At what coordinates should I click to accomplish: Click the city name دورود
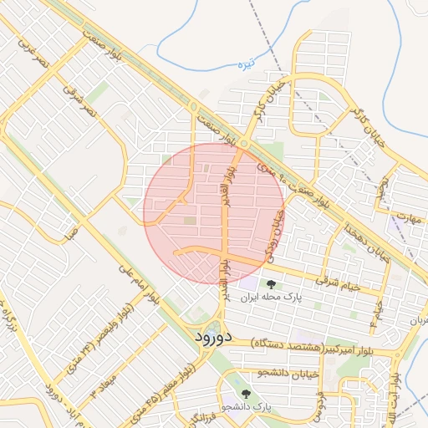click(x=205, y=337)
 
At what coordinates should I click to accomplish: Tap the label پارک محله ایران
click(x=270, y=297)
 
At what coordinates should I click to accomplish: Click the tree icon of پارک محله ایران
click(x=270, y=284)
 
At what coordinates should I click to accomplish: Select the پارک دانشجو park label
click(x=247, y=406)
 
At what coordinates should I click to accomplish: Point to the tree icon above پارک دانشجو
click(x=245, y=393)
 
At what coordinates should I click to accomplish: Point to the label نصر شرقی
click(x=80, y=99)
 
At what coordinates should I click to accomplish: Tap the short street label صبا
click(x=74, y=232)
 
